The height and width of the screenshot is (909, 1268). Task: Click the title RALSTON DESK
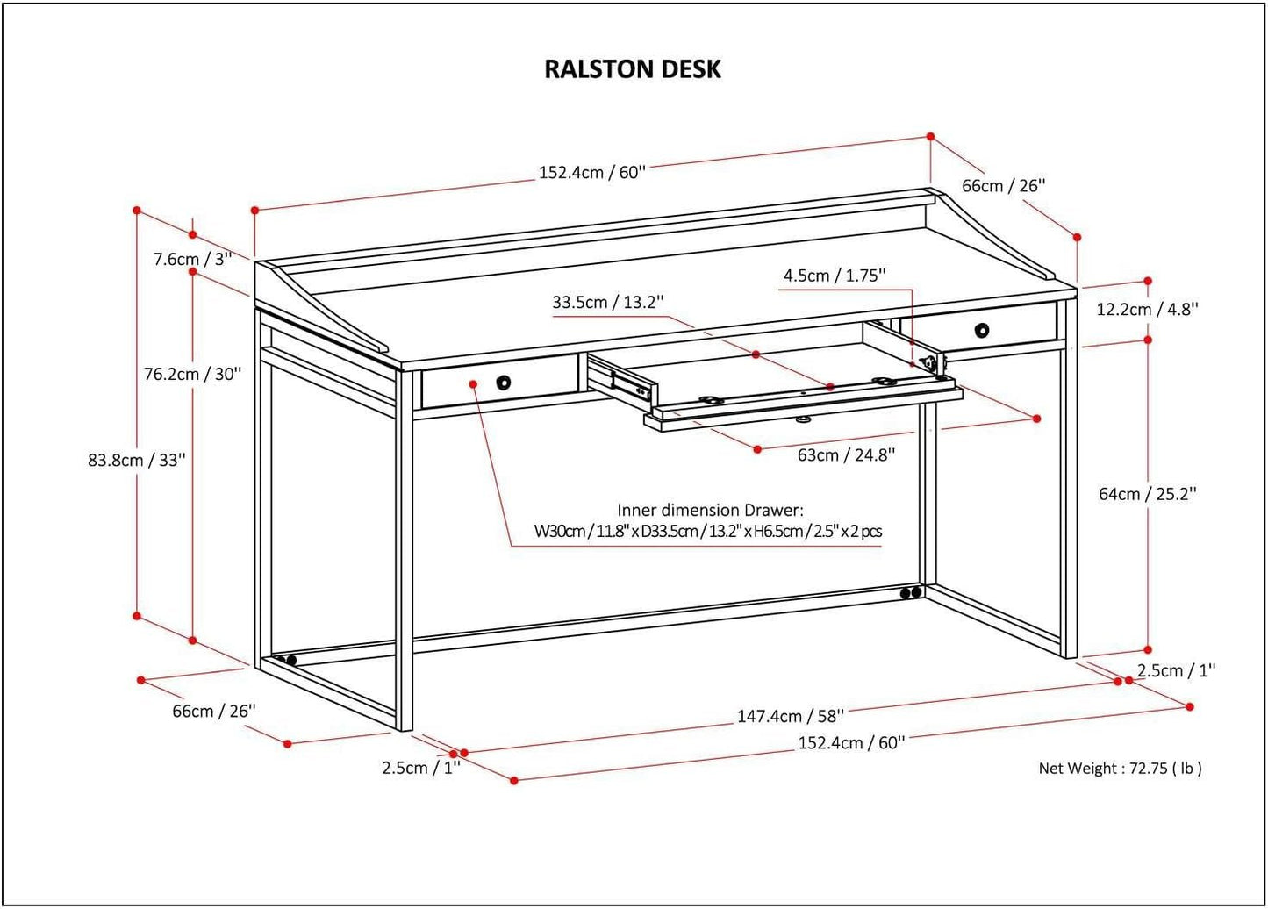click(x=633, y=69)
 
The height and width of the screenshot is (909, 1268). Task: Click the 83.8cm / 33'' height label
click(x=136, y=460)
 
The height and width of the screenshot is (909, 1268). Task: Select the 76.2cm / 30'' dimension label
click(x=192, y=374)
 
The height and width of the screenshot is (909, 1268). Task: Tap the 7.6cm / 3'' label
click(x=191, y=260)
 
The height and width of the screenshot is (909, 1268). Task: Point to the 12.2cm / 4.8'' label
click(x=1148, y=309)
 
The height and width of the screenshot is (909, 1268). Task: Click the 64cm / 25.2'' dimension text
click(x=1148, y=494)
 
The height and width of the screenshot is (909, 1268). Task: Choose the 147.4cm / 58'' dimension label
click(x=790, y=716)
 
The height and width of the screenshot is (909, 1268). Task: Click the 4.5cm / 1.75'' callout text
click(x=835, y=276)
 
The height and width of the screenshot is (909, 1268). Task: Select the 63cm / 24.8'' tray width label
click(x=845, y=454)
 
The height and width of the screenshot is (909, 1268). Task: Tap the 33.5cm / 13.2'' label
click(x=608, y=303)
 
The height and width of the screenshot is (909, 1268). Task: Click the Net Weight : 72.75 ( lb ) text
click(x=1120, y=769)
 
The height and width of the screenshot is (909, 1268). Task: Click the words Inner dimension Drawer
click(x=710, y=510)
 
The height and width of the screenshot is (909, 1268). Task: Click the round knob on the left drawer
click(x=504, y=382)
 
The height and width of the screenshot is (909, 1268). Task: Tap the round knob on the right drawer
click(x=981, y=330)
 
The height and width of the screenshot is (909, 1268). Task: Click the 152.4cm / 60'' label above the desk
click(x=591, y=172)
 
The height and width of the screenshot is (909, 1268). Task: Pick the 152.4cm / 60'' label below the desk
click(x=851, y=743)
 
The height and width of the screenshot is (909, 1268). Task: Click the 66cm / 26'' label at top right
click(x=1004, y=186)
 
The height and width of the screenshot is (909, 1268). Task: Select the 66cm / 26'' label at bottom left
click(x=213, y=711)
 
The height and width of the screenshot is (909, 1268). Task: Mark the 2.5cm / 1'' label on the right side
click(x=1176, y=670)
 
